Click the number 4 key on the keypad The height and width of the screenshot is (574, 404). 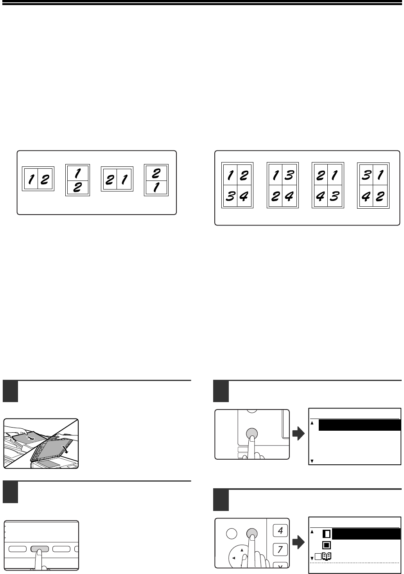[x=280, y=530]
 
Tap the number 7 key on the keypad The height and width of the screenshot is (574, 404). [x=280, y=549]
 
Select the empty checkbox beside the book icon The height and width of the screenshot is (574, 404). [x=318, y=557]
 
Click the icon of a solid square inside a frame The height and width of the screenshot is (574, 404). [x=327, y=545]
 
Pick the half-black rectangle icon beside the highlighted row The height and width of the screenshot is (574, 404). [x=327, y=534]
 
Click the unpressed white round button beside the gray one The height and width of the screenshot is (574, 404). [x=232, y=534]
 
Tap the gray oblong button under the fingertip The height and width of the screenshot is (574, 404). [x=40, y=549]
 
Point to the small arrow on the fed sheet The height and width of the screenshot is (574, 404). [x=31, y=438]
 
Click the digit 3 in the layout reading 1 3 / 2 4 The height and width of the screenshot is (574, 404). [x=289, y=175]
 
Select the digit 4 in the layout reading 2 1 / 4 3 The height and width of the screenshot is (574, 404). [x=320, y=196]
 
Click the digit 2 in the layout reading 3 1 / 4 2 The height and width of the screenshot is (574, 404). [x=380, y=196]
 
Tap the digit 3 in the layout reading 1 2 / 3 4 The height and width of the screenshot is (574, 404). [x=230, y=196]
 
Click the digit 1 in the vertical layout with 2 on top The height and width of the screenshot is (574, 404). [x=156, y=188]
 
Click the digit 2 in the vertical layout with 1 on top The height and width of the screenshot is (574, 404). [x=77, y=188]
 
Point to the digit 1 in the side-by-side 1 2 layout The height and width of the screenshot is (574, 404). [x=31, y=179]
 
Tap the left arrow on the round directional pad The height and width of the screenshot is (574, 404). [x=233, y=558]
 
